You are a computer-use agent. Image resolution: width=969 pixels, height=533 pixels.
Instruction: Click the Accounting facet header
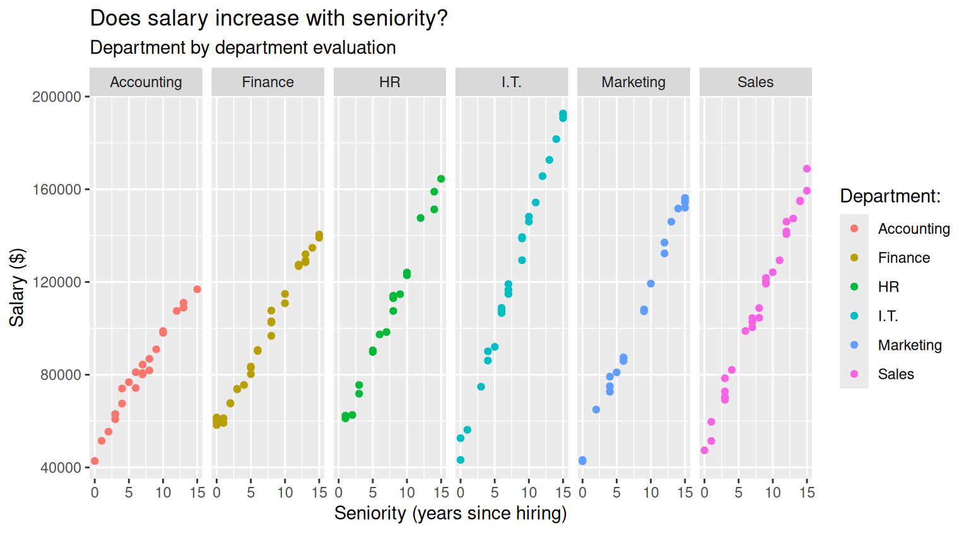click(146, 82)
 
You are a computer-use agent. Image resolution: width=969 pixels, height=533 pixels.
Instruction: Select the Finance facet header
click(267, 82)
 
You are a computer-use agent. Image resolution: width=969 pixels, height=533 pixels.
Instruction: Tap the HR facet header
click(390, 82)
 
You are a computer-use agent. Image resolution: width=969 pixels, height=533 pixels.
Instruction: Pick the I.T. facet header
click(512, 82)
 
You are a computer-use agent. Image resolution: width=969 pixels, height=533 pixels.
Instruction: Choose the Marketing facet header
click(633, 82)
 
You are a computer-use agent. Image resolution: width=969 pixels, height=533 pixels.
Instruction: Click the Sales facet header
click(755, 82)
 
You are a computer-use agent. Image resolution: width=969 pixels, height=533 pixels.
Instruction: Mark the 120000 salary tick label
click(57, 282)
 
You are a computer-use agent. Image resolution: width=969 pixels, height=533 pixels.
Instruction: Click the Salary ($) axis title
click(17, 287)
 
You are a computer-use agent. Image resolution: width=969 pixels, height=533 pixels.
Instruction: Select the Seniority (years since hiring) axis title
click(450, 513)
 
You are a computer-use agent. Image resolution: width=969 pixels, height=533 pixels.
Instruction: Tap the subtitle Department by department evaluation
click(243, 48)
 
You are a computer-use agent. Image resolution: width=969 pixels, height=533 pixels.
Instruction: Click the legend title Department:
click(890, 196)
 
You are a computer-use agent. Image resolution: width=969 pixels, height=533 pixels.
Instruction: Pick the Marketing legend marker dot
click(854, 345)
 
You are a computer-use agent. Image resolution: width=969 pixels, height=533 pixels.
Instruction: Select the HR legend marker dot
click(854, 287)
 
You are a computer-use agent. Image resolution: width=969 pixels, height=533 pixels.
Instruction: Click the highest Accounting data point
click(197, 289)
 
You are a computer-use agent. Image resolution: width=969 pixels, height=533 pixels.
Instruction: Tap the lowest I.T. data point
click(461, 460)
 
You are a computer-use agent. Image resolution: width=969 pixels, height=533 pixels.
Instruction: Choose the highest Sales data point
click(807, 169)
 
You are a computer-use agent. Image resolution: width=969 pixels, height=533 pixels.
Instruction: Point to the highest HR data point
click(441, 179)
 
